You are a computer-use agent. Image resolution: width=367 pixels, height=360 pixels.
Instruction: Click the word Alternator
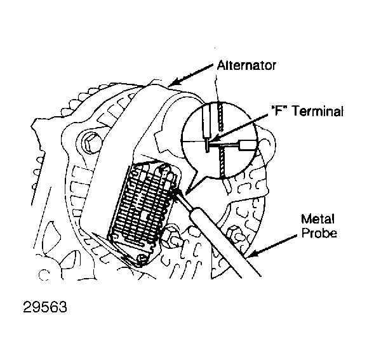click(246, 65)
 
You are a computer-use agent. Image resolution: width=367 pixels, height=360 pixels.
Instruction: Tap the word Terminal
click(318, 111)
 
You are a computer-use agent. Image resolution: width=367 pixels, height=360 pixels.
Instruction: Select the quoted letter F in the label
click(278, 110)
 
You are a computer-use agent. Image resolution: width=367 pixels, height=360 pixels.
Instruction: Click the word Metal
click(317, 219)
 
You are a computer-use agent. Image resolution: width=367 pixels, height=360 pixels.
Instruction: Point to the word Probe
click(319, 233)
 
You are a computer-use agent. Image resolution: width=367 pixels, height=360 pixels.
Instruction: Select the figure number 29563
click(45, 307)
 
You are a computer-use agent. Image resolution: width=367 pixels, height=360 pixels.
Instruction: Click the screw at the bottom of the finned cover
click(142, 258)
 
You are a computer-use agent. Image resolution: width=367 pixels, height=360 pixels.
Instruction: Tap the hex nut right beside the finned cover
click(170, 236)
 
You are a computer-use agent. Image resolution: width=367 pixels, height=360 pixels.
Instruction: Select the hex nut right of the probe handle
click(235, 235)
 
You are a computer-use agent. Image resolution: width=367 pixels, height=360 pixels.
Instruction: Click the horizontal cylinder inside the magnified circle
click(246, 145)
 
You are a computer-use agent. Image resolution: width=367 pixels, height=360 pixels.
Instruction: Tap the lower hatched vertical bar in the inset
click(222, 161)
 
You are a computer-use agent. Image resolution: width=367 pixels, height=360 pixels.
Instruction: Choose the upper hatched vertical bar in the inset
click(220, 117)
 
